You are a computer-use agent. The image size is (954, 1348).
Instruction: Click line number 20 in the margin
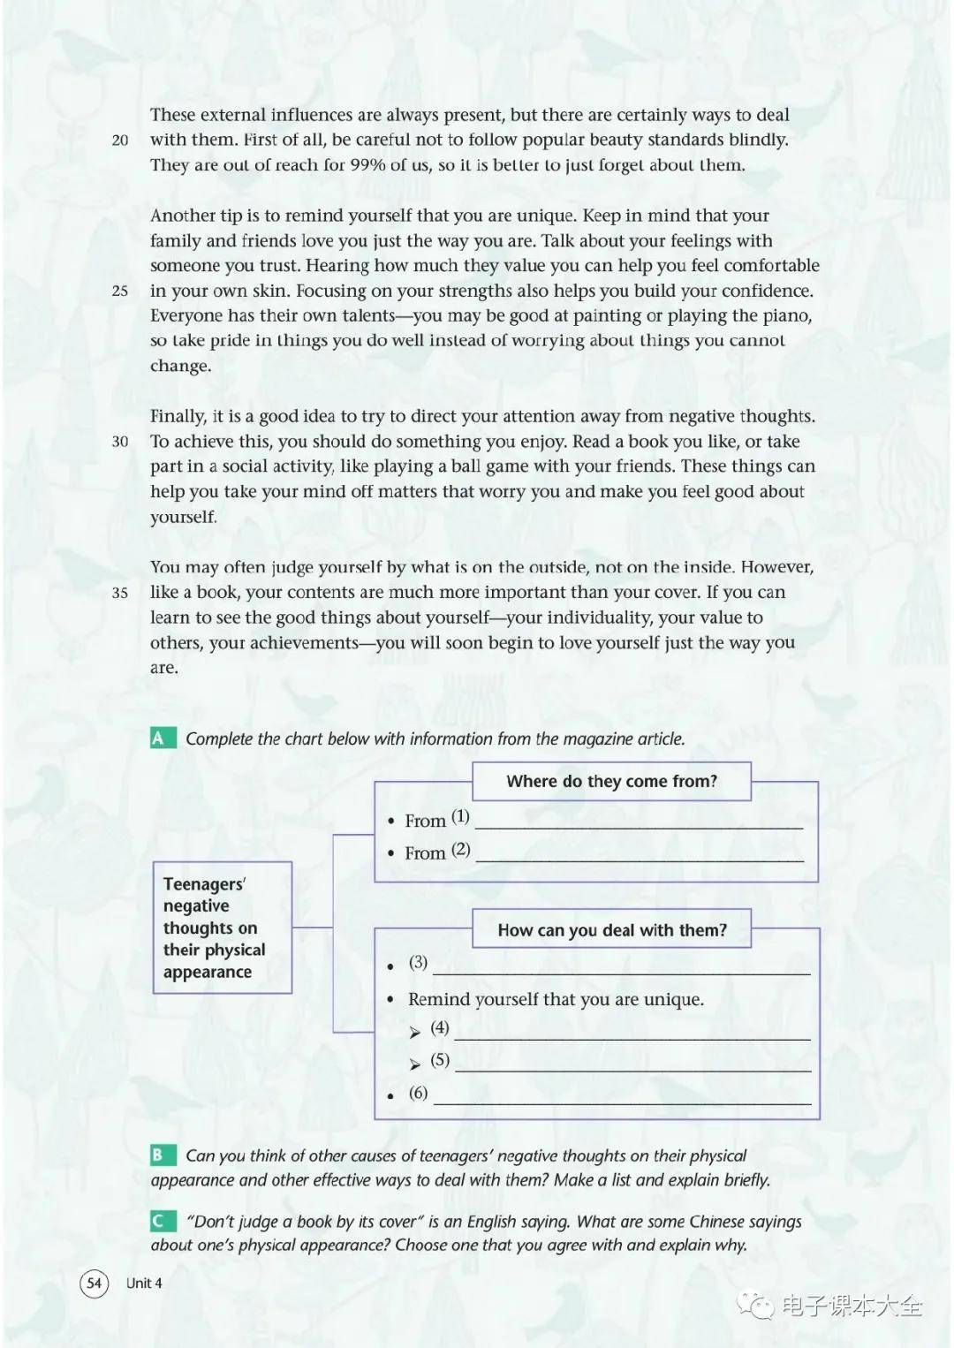(x=120, y=140)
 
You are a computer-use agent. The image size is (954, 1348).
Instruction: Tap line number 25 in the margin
(x=120, y=291)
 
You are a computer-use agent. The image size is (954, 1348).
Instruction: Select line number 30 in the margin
(x=120, y=442)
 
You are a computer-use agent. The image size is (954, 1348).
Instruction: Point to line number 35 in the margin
(x=120, y=593)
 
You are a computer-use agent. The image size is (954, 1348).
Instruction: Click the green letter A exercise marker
(x=159, y=738)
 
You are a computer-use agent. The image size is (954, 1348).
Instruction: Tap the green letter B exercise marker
(x=159, y=1155)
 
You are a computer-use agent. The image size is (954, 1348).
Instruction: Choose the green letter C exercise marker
(x=159, y=1221)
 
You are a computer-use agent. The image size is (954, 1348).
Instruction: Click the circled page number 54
(x=95, y=1283)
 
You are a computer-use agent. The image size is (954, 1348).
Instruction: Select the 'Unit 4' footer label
(x=144, y=1283)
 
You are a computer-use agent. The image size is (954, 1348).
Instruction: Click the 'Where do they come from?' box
(x=611, y=782)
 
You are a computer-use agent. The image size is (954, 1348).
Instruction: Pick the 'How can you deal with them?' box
(x=611, y=929)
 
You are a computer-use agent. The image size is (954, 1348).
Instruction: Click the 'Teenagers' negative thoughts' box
(x=222, y=928)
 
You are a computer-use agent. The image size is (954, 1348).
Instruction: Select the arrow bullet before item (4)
(x=415, y=1033)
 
